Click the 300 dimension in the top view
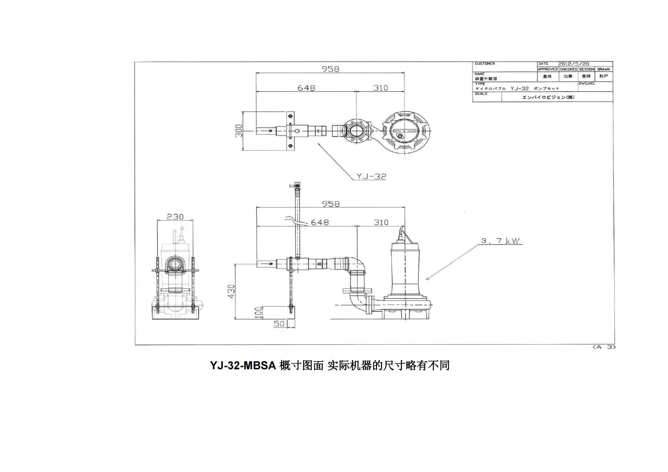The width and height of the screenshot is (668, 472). (x=239, y=131)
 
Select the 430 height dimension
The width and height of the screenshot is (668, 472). (x=231, y=291)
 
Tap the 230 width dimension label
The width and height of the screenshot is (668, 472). (x=175, y=217)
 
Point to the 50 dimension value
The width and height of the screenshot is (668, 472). (x=279, y=324)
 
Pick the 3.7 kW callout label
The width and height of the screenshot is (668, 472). (x=500, y=241)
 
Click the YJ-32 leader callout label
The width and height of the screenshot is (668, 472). (x=371, y=176)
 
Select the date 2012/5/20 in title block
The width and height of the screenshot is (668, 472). (x=574, y=64)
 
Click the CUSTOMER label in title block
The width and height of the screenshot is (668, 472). (x=484, y=64)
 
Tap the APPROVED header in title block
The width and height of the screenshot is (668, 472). (x=548, y=69)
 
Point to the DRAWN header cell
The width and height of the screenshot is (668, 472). (x=603, y=69)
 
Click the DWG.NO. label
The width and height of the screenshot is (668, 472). (x=587, y=83)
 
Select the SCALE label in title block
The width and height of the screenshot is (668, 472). (x=481, y=94)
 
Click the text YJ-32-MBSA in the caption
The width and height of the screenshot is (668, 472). (x=243, y=365)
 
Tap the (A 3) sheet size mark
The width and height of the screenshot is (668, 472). (x=604, y=347)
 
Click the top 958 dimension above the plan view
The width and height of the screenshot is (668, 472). (x=330, y=69)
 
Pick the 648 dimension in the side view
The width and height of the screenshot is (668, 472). (x=320, y=222)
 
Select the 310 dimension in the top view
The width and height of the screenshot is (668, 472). (x=381, y=88)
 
